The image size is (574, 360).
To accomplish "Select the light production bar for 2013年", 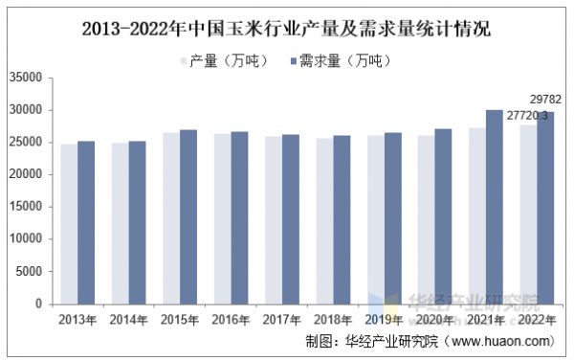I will pyautogui.click(x=69, y=224).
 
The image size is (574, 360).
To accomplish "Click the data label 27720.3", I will pyautogui.click(x=527, y=115).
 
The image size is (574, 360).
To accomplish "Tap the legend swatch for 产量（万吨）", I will pyautogui.click(x=184, y=61).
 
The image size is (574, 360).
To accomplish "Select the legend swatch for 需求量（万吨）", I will pyautogui.click(x=291, y=61).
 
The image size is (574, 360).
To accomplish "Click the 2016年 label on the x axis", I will pyautogui.click(x=230, y=319).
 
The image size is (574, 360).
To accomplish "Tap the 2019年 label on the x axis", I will pyautogui.click(x=383, y=319).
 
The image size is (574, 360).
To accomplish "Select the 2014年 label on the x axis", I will pyautogui.click(x=128, y=319).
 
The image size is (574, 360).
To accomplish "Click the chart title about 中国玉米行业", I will pyautogui.click(x=287, y=29).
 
